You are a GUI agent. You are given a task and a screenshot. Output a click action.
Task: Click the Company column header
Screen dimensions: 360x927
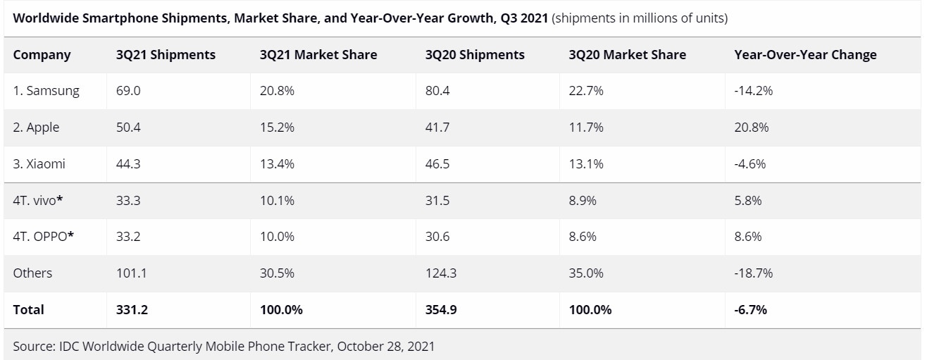click(x=42, y=54)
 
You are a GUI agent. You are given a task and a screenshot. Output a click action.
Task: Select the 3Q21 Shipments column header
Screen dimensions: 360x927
click(x=166, y=54)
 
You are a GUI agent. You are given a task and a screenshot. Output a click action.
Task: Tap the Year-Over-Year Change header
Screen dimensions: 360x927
click(x=805, y=54)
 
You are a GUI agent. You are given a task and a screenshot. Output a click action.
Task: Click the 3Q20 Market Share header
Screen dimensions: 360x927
click(x=627, y=54)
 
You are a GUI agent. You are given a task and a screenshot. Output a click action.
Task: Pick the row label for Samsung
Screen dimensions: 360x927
click(x=46, y=91)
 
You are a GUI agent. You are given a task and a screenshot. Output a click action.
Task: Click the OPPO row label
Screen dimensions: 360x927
click(x=43, y=237)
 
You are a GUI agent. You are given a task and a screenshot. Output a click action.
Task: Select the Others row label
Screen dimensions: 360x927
click(x=32, y=273)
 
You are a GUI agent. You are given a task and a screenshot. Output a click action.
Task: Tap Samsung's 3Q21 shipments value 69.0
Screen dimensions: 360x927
click(x=128, y=91)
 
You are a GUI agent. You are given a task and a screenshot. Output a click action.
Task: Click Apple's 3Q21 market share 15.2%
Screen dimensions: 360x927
click(x=277, y=128)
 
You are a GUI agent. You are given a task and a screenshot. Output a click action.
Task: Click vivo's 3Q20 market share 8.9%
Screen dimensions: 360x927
click(x=582, y=201)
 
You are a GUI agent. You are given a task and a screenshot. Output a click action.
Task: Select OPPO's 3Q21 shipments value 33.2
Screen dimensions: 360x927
click(x=128, y=237)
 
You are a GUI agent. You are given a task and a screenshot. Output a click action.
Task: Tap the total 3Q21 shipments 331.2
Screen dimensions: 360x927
click(x=132, y=309)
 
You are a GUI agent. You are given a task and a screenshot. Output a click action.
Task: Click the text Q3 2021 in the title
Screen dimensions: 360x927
click(x=524, y=18)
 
